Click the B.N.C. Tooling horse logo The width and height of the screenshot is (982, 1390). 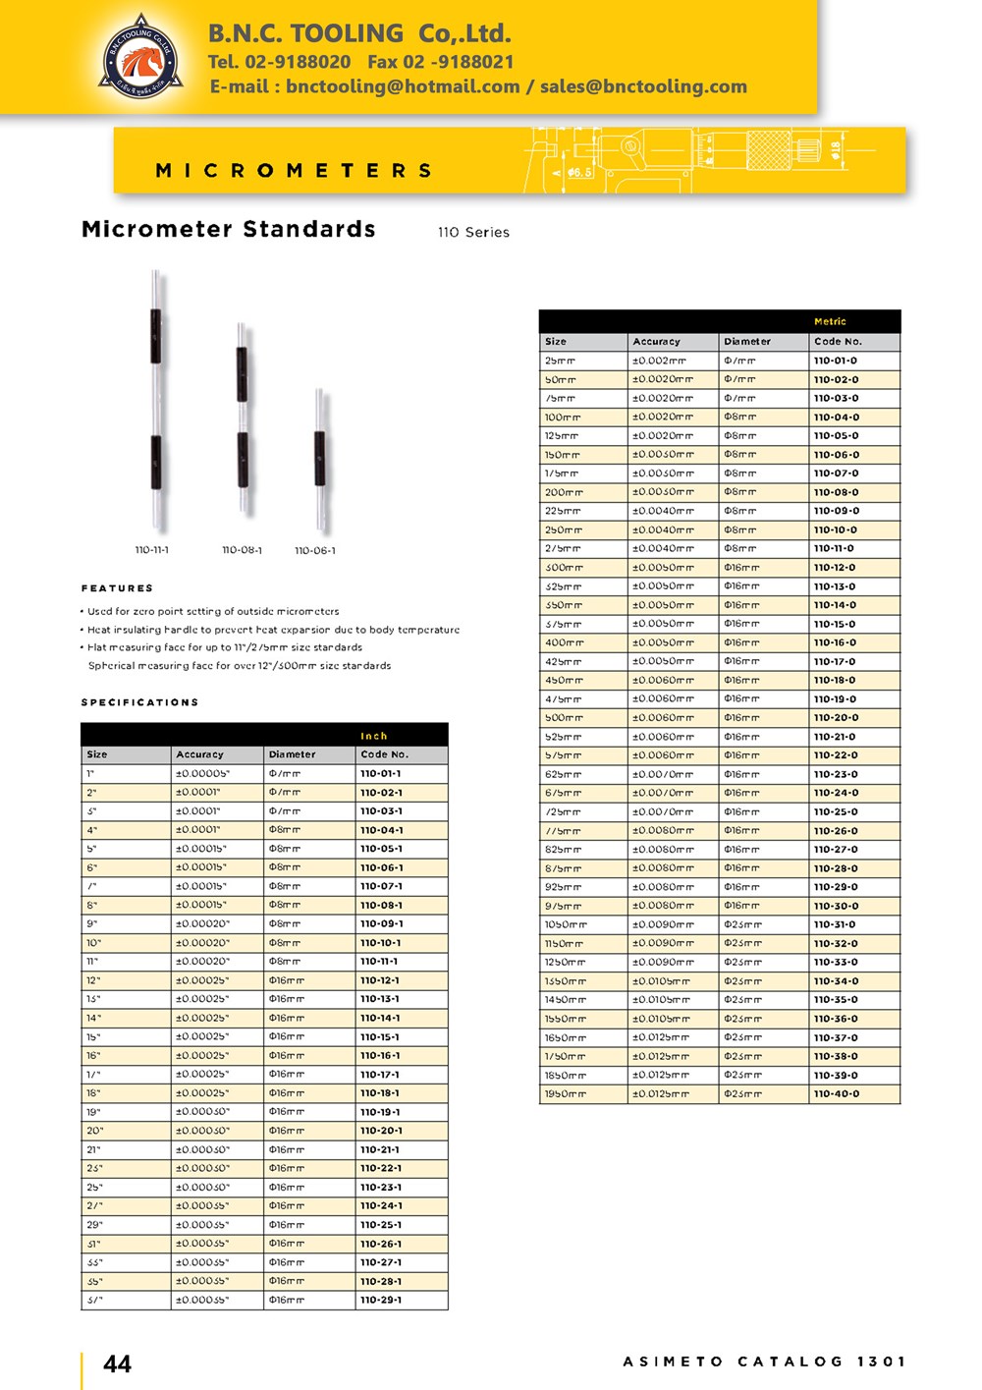141,57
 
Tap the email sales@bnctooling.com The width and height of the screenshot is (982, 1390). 643,86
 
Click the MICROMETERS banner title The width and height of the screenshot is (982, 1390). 294,171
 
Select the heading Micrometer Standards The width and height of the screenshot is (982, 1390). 229,230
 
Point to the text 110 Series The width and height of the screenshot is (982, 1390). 473,233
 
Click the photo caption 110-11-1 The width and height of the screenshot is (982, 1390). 151,550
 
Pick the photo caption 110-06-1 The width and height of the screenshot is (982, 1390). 315,551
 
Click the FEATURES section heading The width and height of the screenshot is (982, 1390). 117,588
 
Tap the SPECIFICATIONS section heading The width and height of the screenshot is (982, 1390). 139,702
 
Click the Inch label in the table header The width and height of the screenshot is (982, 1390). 374,736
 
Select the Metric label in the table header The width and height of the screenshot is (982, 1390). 830,322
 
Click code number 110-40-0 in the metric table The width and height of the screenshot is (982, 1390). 836,1094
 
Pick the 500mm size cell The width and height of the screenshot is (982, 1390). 563,718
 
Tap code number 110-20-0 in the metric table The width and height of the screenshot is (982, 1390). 836,718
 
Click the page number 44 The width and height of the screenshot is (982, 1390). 117,1363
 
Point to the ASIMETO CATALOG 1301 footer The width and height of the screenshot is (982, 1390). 764,1362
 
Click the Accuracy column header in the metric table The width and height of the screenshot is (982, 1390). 656,342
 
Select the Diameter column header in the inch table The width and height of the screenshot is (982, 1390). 293,754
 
